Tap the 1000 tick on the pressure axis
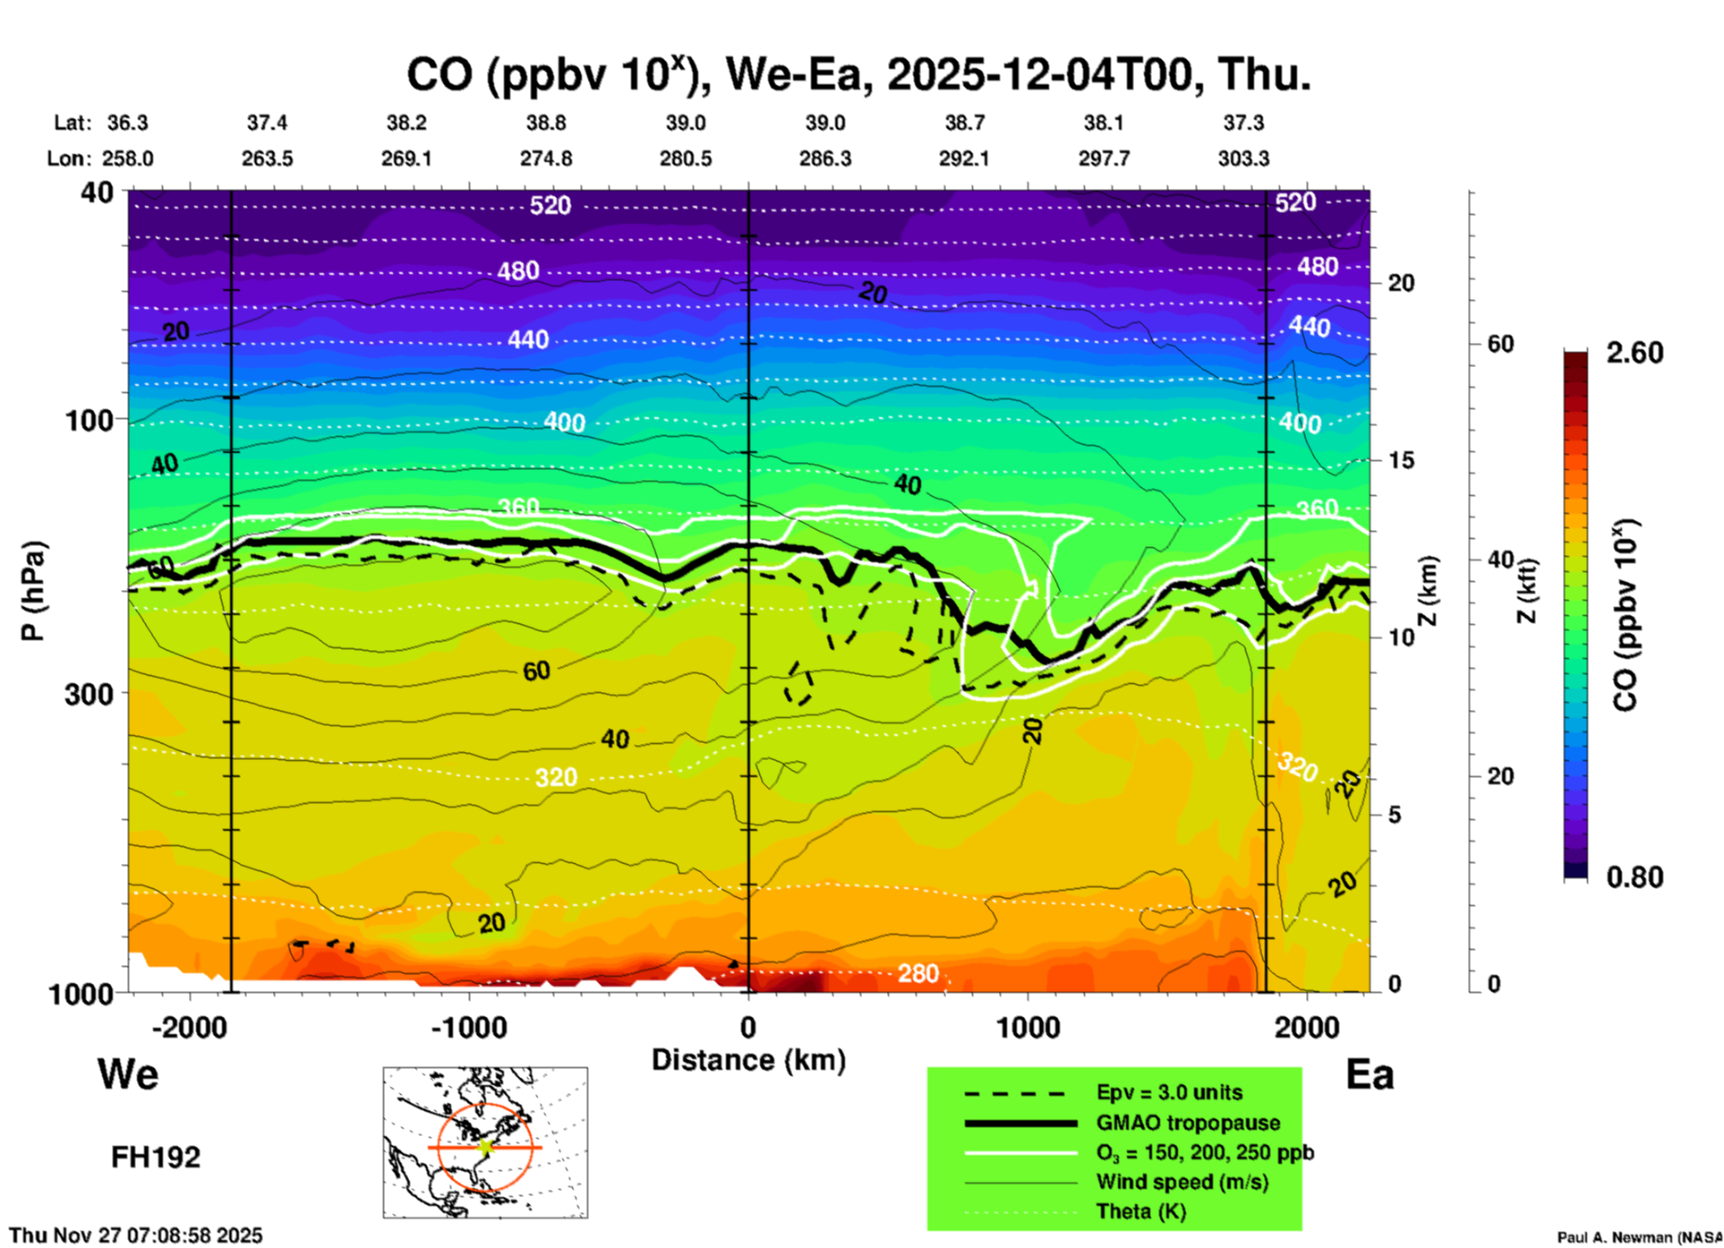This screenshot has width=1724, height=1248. coord(89,993)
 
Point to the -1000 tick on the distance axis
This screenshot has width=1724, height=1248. coord(468,1027)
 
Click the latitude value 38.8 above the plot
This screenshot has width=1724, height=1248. coord(546,123)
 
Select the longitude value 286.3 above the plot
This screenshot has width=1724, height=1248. coord(825,158)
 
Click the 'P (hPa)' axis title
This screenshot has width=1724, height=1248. coord(32,591)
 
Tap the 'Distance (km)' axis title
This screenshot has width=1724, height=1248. coord(748,1060)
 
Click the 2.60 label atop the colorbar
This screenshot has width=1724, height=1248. coord(1634,353)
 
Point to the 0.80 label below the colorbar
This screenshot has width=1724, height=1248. coord(1634,876)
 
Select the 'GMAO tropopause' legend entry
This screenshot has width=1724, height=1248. coord(1188,1123)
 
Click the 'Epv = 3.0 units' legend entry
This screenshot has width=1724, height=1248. coord(1169,1092)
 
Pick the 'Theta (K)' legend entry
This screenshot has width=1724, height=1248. coord(1140,1211)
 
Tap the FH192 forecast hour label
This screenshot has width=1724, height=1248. coord(156,1158)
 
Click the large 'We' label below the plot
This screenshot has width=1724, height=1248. coord(128,1073)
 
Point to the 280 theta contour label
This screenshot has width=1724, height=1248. coord(918,973)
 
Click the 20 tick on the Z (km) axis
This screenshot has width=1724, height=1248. coord(1401,283)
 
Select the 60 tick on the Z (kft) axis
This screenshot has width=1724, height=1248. coord(1500,344)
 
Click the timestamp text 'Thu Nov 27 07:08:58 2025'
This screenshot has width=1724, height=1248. coord(136,1235)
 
